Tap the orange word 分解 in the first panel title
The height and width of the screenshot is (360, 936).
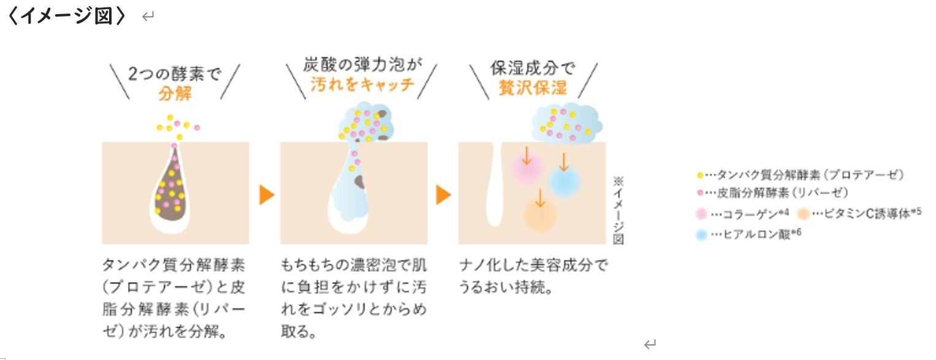(x=175, y=93)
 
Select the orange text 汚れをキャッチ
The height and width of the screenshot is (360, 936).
(x=362, y=85)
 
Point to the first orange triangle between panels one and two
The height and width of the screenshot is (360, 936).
(x=267, y=195)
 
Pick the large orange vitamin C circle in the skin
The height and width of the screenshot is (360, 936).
(x=540, y=215)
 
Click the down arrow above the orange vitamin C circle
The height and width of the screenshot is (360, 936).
(x=539, y=197)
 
